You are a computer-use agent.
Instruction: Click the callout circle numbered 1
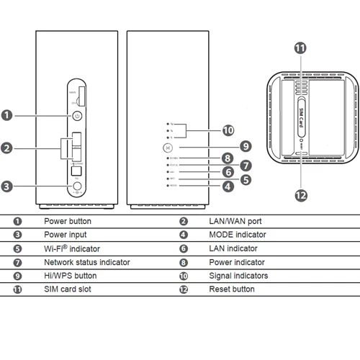[x=6, y=114]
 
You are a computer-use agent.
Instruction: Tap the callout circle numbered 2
[x=6, y=148]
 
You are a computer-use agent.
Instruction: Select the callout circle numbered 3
[x=6, y=186]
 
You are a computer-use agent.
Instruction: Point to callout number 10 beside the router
[x=228, y=130]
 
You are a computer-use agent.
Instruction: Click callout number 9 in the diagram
[x=246, y=145]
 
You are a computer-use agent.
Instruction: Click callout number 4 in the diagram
[x=228, y=186]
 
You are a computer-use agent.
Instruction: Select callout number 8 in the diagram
[x=227, y=158]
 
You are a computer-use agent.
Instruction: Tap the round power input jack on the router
[x=77, y=186]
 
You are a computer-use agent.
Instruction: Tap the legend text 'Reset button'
[x=231, y=289]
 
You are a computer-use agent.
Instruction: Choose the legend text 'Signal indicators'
[x=238, y=276]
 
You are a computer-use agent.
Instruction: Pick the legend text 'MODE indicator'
[x=237, y=235]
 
